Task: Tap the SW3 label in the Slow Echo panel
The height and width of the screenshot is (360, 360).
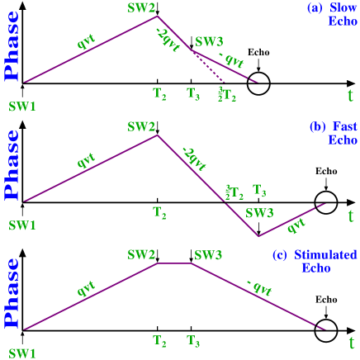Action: coord(209,41)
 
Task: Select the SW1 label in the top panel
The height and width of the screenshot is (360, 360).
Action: coord(22,107)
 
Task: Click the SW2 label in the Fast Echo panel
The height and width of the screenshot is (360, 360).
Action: coord(141,126)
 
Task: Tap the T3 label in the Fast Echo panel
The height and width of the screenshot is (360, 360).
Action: coord(259,191)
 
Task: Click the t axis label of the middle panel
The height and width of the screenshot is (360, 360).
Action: coord(351,216)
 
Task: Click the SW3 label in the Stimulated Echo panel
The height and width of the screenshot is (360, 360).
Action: coord(209,254)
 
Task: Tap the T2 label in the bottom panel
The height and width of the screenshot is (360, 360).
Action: coord(160,340)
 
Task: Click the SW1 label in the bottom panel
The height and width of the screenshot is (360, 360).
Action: coord(22,353)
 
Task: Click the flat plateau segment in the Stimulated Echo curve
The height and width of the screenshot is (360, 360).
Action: coord(173,263)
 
